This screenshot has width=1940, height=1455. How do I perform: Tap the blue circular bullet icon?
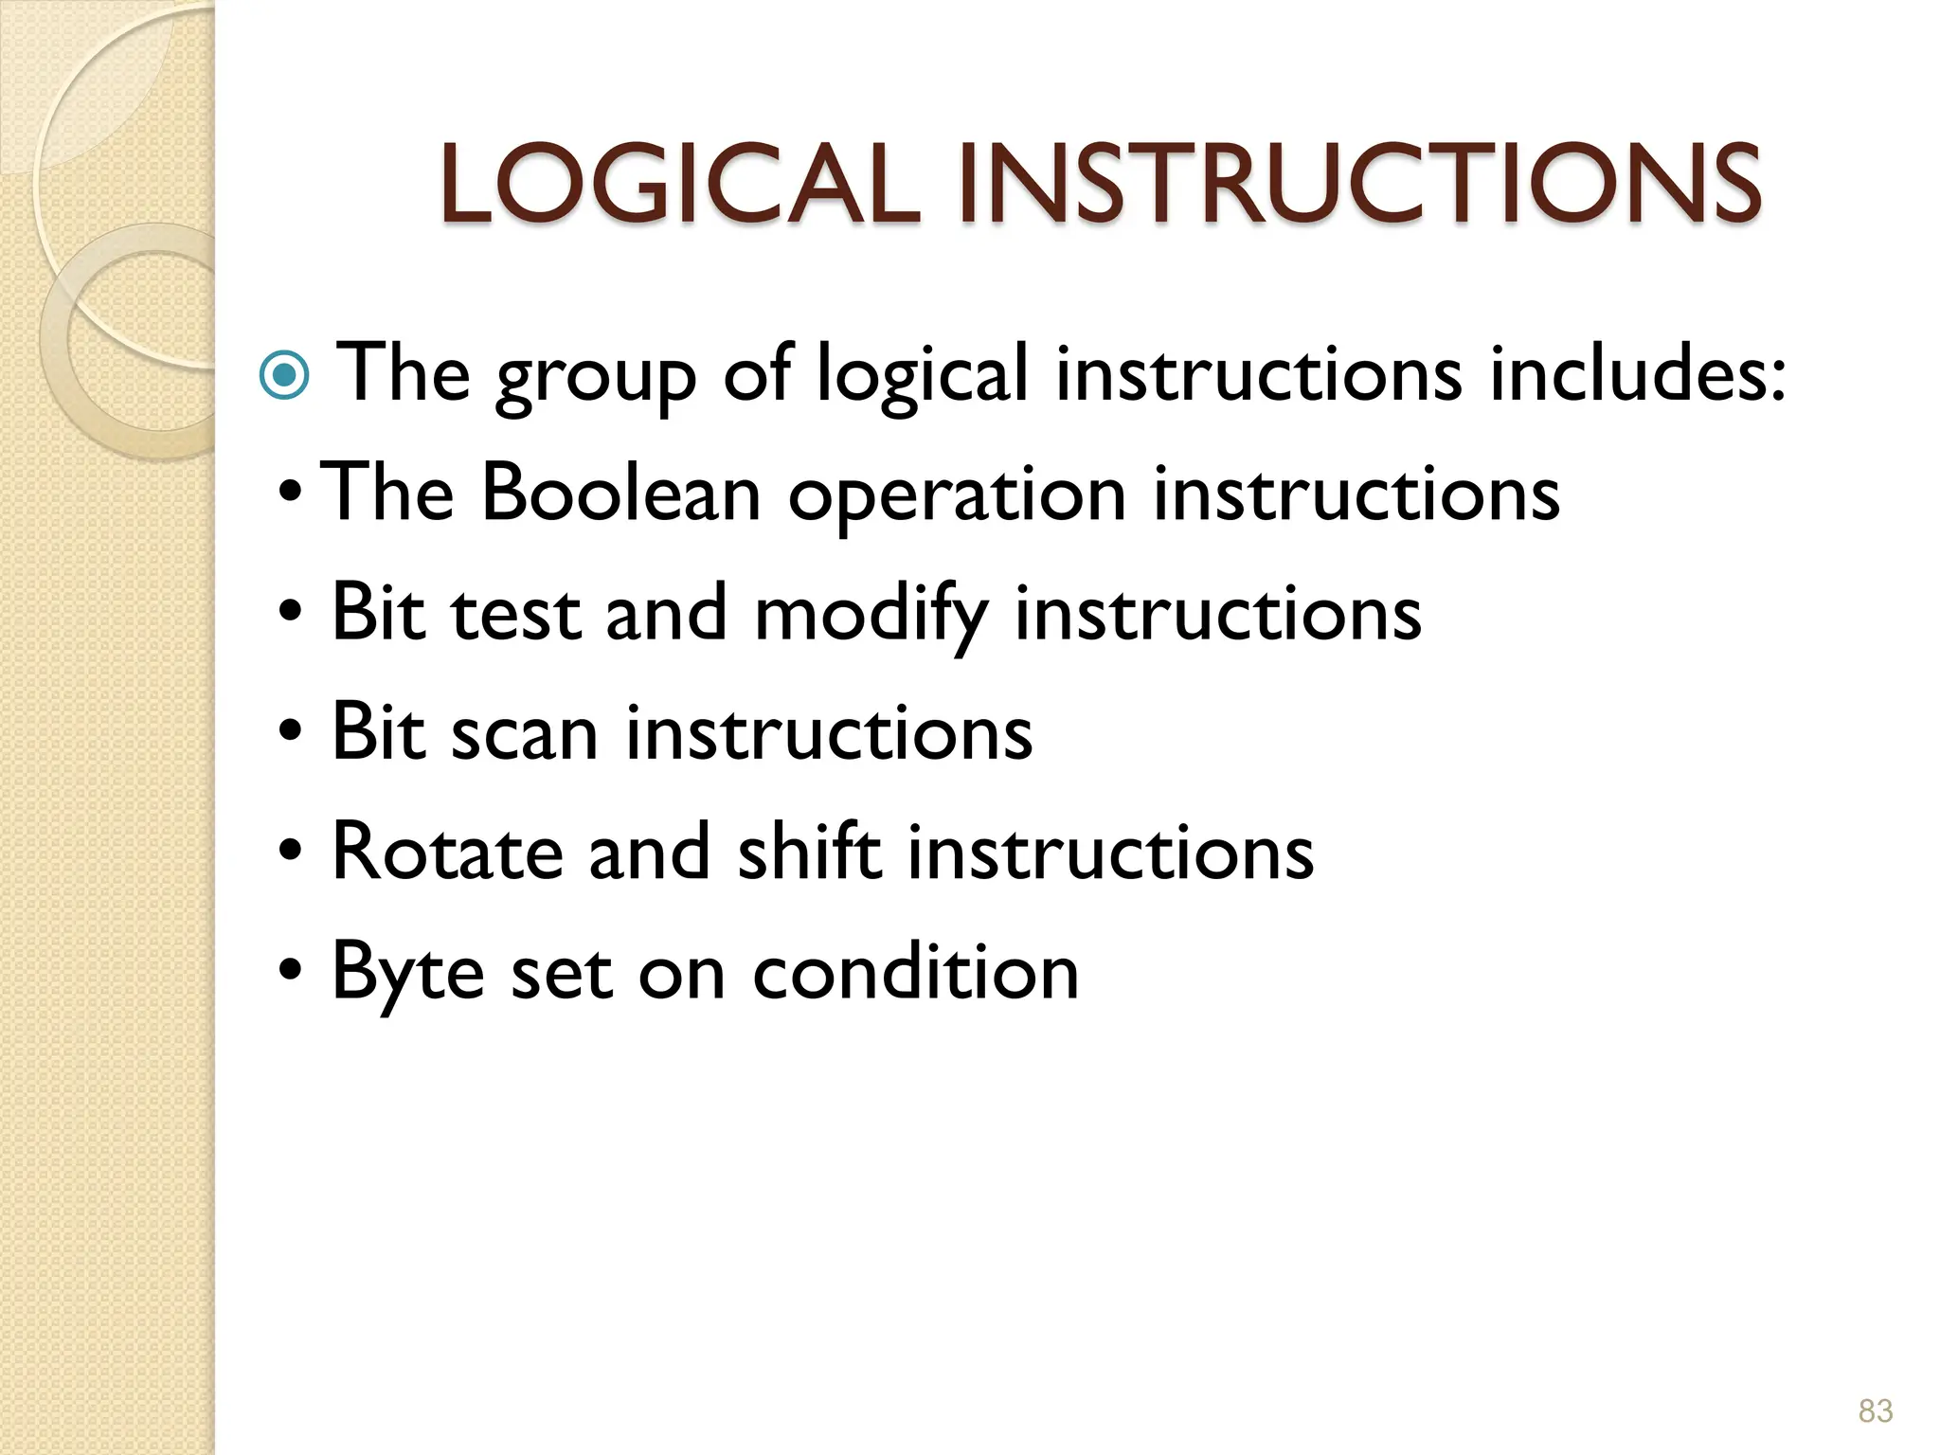(x=283, y=376)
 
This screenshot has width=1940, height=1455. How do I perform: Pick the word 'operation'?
(x=957, y=496)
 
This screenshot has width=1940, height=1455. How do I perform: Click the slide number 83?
(x=1875, y=1410)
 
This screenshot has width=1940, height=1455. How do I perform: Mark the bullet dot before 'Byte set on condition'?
(x=291, y=970)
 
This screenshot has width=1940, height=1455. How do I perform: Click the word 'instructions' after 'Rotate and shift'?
(x=1110, y=852)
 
